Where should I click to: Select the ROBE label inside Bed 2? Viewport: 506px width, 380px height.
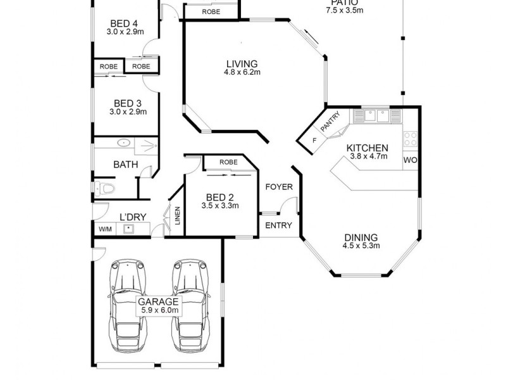pyautogui.click(x=229, y=162)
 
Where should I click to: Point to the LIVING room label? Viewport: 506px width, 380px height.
pyautogui.click(x=242, y=63)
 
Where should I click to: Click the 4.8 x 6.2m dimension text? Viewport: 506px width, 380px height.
pyautogui.click(x=242, y=72)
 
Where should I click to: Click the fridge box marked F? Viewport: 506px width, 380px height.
pyautogui.click(x=314, y=141)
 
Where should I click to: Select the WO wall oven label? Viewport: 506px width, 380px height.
pyautogui.click(x=410, y=160)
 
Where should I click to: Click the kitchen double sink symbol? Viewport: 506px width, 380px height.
pyautogui.click(x=376, y=116)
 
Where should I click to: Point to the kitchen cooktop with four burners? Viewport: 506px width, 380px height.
pyautogui.click(x=410, y=137)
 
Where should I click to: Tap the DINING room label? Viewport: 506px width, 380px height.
pyautogui.click(x=361, y=237)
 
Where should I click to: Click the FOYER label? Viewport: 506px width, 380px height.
pyautogui.click(x=278, y=187)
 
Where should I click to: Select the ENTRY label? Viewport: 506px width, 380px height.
pyautogui.click(x=278, y=225)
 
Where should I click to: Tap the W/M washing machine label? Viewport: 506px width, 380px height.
pyautogui.click(x=104, y=229)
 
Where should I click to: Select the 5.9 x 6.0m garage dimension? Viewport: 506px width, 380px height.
pyautogui.click(x=159, y=311)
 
